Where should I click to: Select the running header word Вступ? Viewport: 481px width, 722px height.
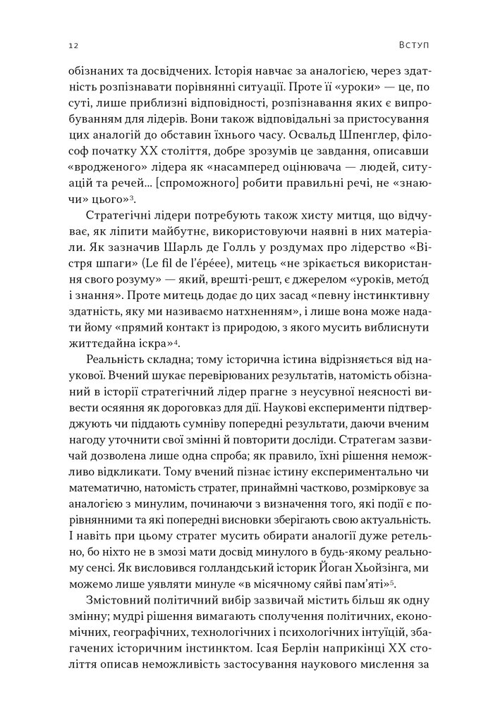pos(413,46)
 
